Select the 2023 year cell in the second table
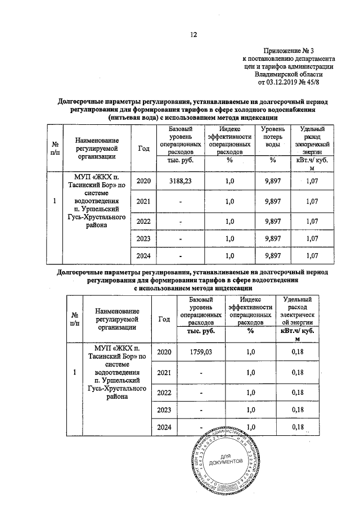(x=164, y=410)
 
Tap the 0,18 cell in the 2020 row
(x=298, y=352)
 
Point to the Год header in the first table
(x=143, y=148)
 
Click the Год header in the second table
(x=164, y=319)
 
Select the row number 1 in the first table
(x=53, y=201)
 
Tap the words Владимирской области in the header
(x=288, y=73)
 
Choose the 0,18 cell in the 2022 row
(x=298, y=391)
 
